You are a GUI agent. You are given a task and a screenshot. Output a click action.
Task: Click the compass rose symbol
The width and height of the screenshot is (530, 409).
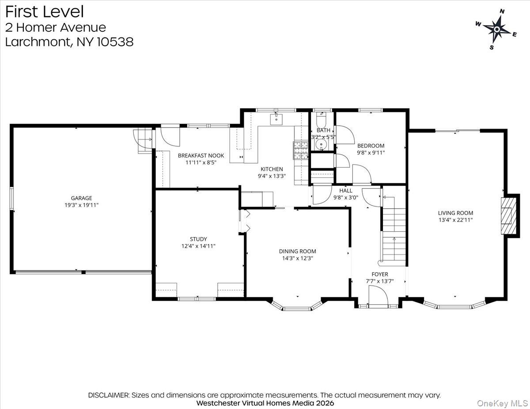pyautogui.click(x=496, y=29)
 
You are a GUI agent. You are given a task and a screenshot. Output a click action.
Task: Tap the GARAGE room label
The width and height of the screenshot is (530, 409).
pyautogui.click(x=82, y=198)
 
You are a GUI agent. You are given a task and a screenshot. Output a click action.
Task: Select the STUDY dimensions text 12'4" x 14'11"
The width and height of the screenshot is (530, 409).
pyautogui.click(x=198, y=246)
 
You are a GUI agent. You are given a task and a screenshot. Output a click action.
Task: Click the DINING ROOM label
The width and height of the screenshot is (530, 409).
pyautogui.click(x=297, y=251)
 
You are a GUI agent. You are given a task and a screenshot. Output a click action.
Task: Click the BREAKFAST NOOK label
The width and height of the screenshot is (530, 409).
pyautogui.click(x=201, y=155)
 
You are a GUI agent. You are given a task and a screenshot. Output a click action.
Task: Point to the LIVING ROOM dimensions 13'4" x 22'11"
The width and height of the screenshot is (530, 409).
pyautogui.click(x=455, y=220)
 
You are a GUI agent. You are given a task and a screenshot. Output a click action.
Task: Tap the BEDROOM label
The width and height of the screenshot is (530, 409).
pyautogui.click(x=371, y=146)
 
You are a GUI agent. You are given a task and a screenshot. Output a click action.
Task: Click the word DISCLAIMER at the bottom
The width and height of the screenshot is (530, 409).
pyautogui.click(x=108, y=395)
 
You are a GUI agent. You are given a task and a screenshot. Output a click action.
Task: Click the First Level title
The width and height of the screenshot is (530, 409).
pyautogui.click(x=44, y=11)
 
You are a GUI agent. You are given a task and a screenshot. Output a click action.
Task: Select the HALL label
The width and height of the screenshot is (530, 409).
pyautogui.click(x=346, y=191)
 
